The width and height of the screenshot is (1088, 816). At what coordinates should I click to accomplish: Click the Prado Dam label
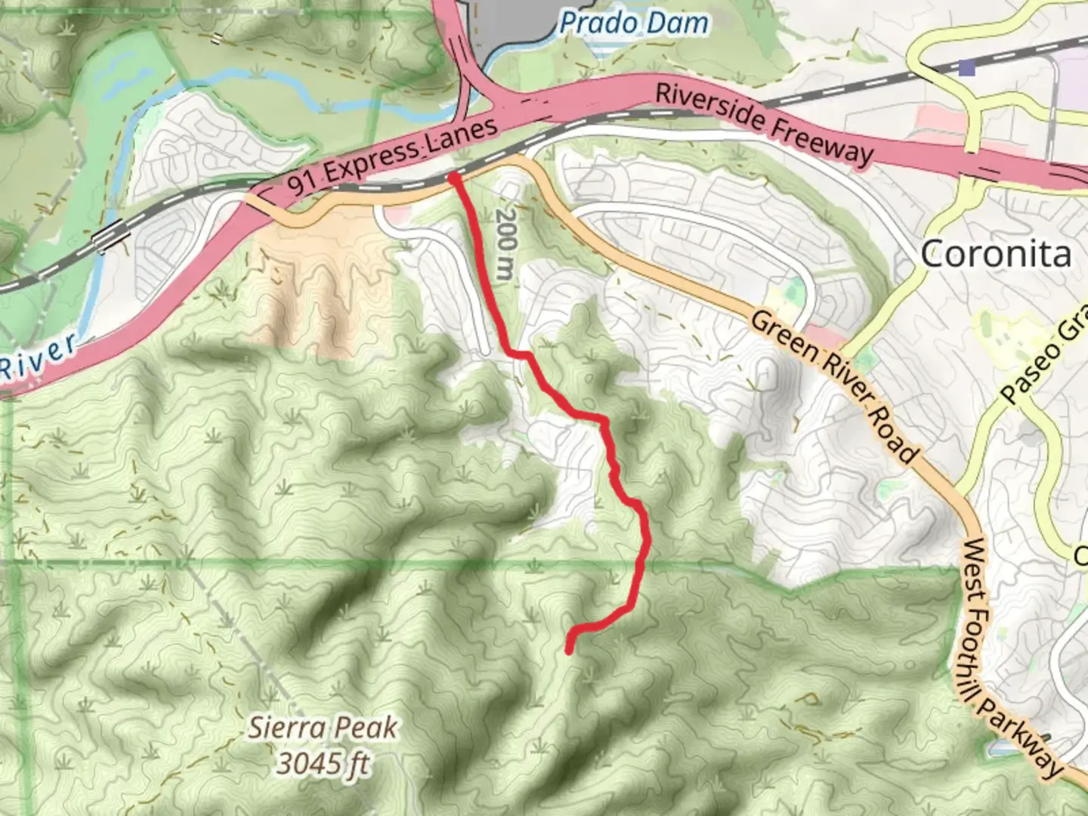coord(633,23)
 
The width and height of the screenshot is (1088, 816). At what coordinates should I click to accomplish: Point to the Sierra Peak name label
coord(323,728)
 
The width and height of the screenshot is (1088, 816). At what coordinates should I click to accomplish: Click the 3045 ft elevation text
coord(323,764)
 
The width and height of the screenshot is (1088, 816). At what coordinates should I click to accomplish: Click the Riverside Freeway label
coord(763,122)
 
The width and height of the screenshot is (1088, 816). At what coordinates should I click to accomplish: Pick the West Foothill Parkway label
coord(1012,657)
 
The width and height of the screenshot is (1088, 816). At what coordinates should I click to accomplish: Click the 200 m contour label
coord(505,243)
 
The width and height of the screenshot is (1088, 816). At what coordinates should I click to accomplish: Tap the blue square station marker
coord(966,70)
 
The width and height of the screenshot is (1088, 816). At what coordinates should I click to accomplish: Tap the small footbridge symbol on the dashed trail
coord(217,38)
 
